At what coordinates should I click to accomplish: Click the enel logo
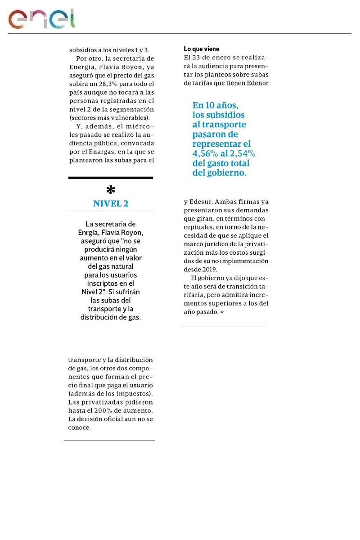click(41, 18)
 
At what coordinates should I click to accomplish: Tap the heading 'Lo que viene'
click(202, 49)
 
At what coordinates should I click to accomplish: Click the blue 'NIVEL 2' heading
click(111, 203)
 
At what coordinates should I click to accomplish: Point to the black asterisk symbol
click(110, 190)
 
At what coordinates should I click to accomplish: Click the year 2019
click(208, 269)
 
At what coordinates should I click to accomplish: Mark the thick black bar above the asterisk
click(110, 178)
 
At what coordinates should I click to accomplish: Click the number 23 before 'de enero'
click(195, 57)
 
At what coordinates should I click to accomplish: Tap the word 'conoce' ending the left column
click(79, 427)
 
